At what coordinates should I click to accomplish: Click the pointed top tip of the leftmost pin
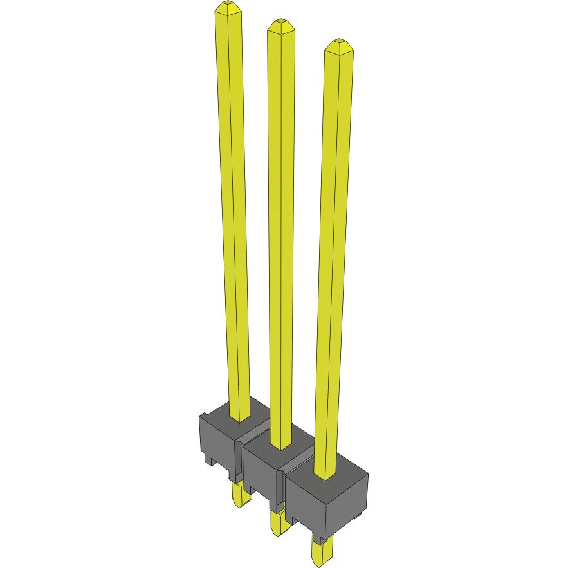tap(227, 8)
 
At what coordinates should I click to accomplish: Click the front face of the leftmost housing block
tap(217, 444)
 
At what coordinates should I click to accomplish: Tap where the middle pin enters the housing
tap(280, 445)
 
